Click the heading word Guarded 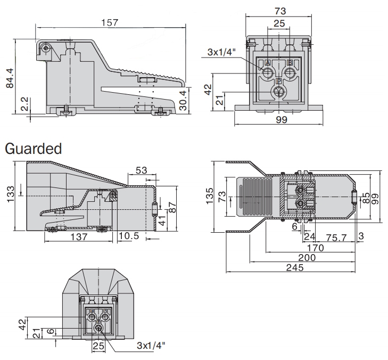(33, 149)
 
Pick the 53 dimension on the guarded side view (141, 170)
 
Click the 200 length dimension (307, 258)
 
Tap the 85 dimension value (366, 198)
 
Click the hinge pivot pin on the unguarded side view (47, 48)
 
